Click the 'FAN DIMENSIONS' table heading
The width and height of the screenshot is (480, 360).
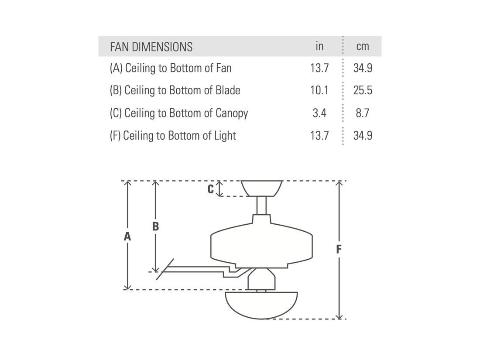151,47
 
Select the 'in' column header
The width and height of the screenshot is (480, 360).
319,46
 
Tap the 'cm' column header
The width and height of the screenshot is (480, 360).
363,47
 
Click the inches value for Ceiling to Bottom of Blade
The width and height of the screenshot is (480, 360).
319,90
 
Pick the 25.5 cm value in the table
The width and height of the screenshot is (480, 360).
363,90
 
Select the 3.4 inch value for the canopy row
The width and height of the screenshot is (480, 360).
319,113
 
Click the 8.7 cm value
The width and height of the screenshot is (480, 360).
363,113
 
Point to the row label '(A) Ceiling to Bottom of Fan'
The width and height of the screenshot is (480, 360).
171,68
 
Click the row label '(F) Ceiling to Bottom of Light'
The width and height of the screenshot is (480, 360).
173,136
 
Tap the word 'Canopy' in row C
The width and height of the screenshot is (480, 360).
232,113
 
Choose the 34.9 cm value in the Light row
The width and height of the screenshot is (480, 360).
363,136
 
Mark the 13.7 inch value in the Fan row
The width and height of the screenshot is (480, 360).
319,68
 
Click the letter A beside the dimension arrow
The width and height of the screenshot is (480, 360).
127,237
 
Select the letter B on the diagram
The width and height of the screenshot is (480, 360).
155,227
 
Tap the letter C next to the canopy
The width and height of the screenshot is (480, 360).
210,189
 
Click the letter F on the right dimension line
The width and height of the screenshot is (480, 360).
339,250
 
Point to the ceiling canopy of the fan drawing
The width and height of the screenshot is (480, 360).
262,188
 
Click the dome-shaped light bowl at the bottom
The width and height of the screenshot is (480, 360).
261,305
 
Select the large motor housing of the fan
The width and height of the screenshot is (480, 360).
261,244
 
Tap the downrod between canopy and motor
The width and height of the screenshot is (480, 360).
261,205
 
